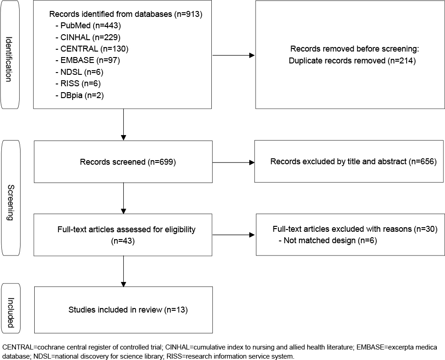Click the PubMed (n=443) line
88,26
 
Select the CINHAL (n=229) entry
88,37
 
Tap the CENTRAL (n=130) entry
92,49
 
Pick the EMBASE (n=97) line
88,60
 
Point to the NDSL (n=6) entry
79,72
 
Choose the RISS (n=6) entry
78,83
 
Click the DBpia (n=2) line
80,95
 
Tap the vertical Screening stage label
10,203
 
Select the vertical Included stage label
10,313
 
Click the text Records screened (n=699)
128,162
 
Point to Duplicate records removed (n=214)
352,60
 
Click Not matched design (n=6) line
328,240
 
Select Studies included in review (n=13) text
128,309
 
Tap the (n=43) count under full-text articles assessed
123,241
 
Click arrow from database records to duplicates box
233,55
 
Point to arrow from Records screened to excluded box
233,162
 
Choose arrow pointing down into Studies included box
123,271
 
